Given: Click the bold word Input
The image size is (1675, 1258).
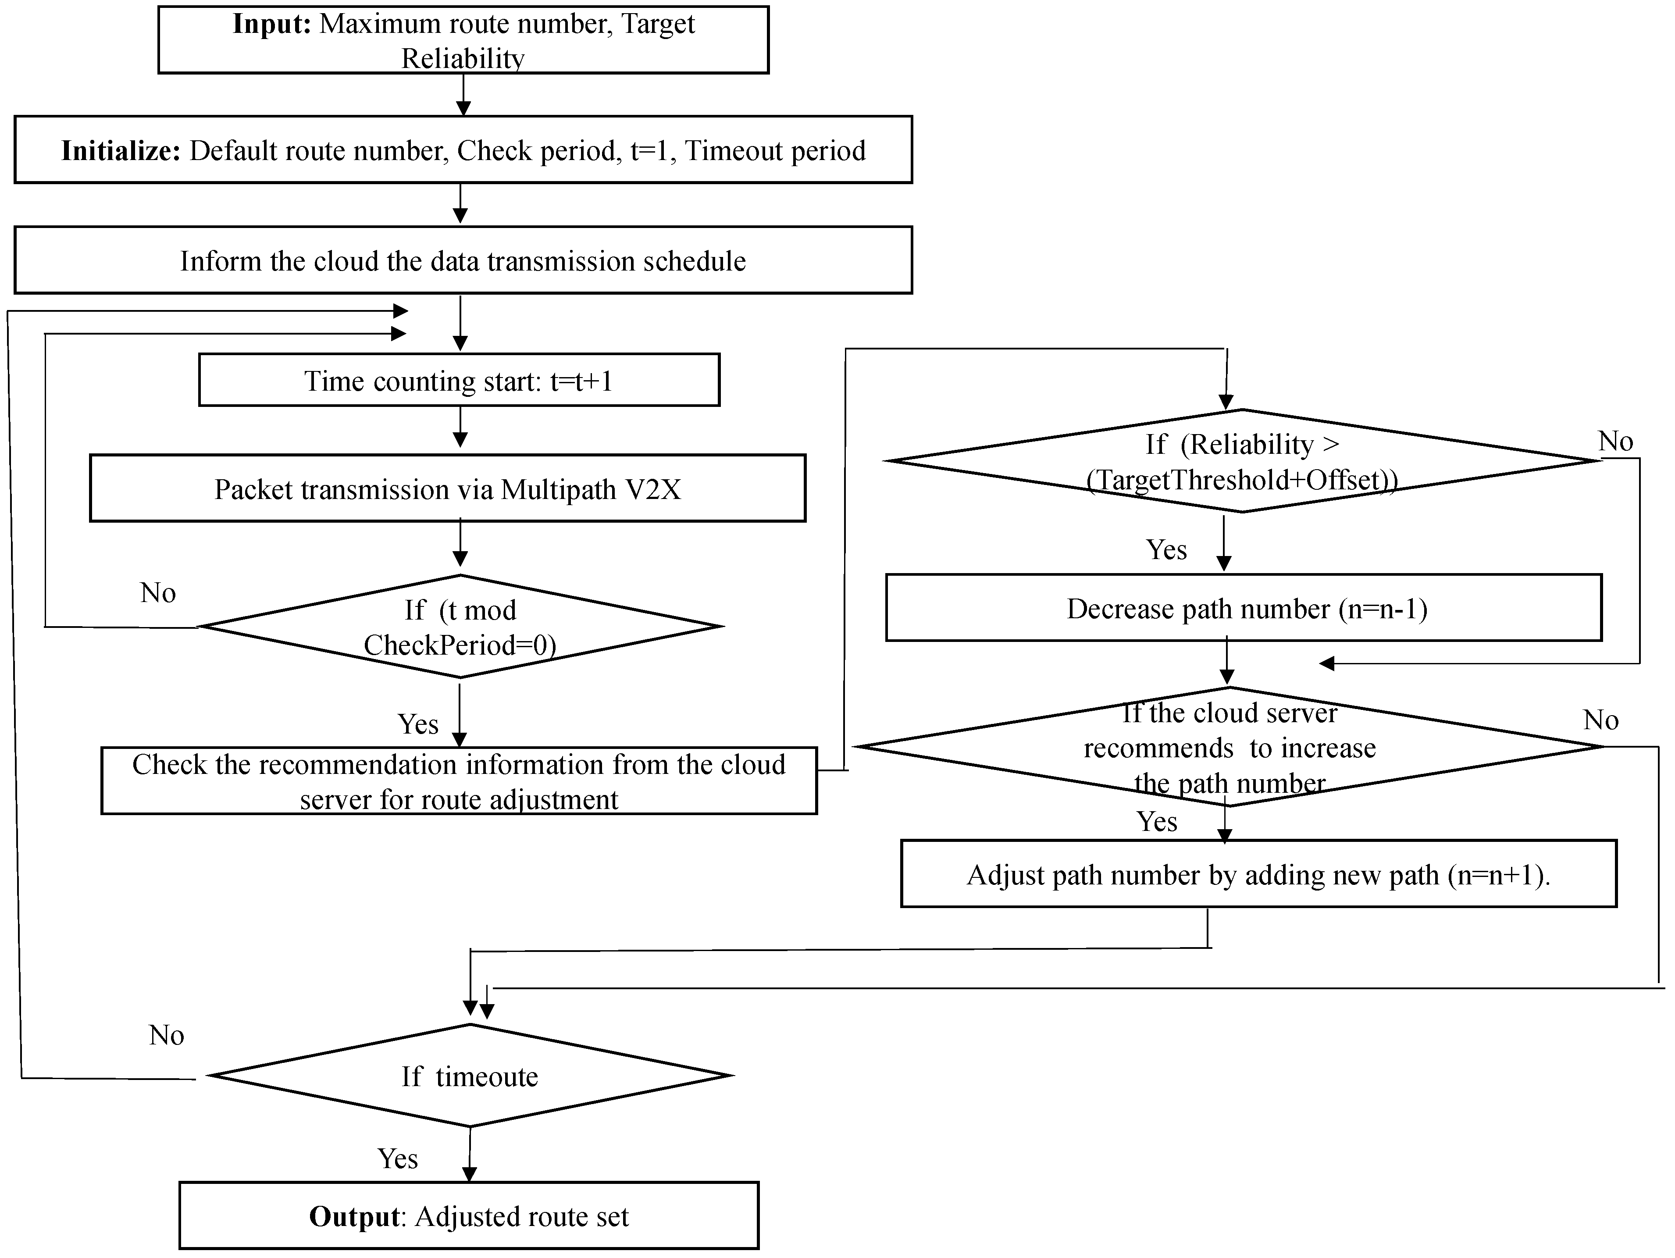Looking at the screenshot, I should tap(271, 24).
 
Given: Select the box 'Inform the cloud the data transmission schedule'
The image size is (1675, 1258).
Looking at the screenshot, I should tap(463, 260).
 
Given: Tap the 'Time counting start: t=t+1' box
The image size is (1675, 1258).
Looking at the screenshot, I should tap(459, 380).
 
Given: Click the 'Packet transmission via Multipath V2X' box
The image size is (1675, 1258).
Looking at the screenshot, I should tap(448, 489).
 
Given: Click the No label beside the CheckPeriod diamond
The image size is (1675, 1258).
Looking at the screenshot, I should tap(157, 593).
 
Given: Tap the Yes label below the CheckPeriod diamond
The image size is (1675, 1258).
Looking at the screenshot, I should tap(418, 724).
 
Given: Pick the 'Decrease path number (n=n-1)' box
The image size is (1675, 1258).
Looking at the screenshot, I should tap(1247, 609).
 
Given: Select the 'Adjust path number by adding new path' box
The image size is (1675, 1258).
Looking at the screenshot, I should tap(1258, 875).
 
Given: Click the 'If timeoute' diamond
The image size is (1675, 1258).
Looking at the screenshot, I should tap(470, 1076).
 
